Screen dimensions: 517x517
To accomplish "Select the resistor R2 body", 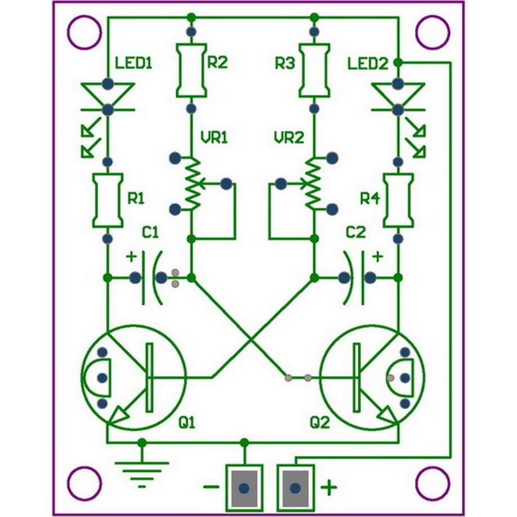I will [x=191, y=70].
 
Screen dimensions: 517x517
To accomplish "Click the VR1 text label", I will [x=214, y=137].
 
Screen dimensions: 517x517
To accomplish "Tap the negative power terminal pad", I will [x=243, y=487].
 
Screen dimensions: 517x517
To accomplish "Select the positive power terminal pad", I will [x=295, y=487].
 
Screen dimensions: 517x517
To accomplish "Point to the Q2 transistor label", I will [x=319, y=422].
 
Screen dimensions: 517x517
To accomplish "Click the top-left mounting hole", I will [x=83, y=32].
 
